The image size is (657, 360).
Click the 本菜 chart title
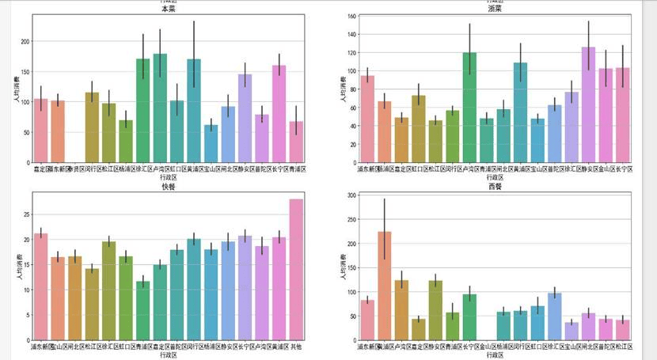click(169, 9)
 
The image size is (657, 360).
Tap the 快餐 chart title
click(169, 187)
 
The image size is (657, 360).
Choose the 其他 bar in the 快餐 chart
click(296, 269)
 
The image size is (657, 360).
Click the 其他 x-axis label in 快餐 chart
click(296, 347)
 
